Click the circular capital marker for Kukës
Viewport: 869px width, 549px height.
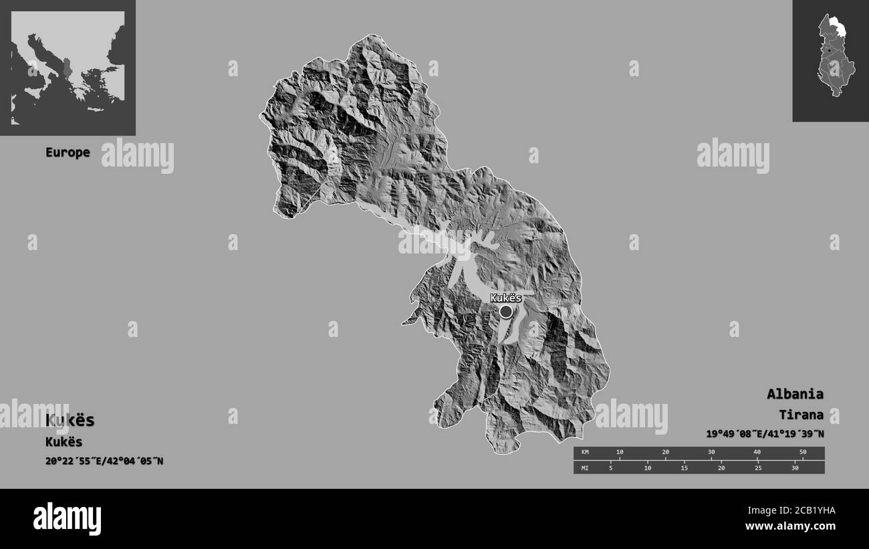tap(506, 312)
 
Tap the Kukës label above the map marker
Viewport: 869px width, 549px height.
tap(505, 298)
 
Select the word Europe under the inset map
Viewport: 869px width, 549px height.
tap(68, 152)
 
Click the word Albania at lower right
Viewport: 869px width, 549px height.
tap(795, 394)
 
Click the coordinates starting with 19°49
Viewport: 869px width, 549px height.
tap(764, 434)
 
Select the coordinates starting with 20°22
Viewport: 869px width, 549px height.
tap(104, 461)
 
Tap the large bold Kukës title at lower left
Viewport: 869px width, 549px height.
tap(70, 421)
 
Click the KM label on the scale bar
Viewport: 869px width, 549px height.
tap(585, 453)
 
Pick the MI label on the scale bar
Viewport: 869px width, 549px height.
tap(585, 467)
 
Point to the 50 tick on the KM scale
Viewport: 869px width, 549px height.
tap(803, 453)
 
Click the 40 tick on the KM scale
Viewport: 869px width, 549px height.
tap(757, 453)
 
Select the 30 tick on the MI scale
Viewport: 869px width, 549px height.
tap(795, 467)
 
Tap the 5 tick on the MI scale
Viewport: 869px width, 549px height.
tap(610, 467)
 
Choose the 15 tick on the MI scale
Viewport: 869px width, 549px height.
tap(684, 467)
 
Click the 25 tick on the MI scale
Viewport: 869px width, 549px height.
tap(758, 467)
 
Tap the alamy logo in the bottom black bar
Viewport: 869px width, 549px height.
tap(67, 519)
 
